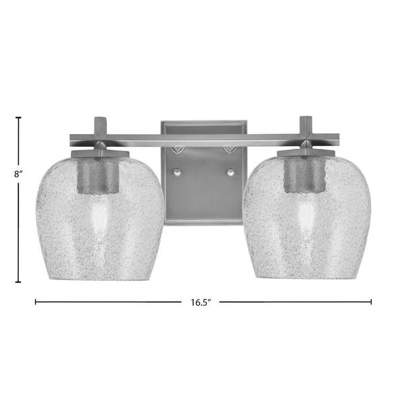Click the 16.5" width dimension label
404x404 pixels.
201,302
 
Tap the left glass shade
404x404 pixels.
100,218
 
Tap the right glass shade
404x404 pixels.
307,218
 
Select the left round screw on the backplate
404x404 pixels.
178,172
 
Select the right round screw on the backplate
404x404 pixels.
230,172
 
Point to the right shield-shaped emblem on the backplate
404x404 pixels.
229,150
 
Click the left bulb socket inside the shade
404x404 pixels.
98,175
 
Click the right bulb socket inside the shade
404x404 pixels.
305,174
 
